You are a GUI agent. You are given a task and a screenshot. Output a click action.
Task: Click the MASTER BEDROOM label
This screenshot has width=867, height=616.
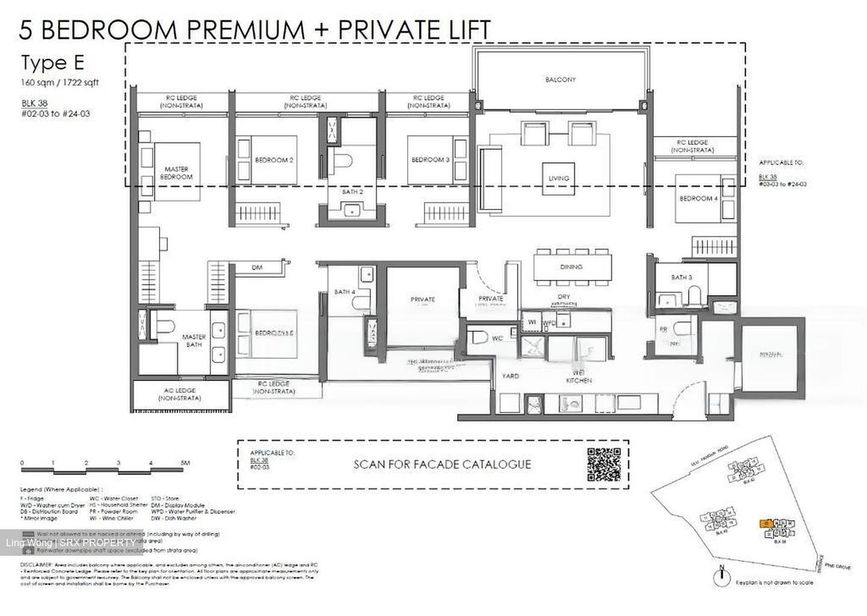(176, 173)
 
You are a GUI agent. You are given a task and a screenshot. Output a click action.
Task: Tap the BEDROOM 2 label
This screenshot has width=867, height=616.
(274, 160)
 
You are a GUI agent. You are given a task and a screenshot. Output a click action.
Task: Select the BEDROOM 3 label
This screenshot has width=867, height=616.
(430, 160)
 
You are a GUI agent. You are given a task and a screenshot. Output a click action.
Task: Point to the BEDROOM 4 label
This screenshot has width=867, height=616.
(698, 199)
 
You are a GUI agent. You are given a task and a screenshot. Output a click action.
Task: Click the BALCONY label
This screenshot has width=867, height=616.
(560, 79)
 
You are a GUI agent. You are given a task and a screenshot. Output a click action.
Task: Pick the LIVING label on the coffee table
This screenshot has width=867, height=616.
(558, 178)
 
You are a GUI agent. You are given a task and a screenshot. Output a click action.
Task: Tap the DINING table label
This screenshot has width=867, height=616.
(571, 267)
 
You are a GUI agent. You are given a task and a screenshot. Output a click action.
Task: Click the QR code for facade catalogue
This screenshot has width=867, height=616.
(603, 464)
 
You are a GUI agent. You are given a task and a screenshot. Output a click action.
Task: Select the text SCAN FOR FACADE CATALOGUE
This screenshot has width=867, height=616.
(442, 464)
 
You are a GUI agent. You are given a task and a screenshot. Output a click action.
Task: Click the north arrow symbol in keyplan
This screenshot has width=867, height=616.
(719, 577)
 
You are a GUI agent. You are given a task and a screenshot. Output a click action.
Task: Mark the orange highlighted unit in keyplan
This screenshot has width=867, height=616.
(766, 524)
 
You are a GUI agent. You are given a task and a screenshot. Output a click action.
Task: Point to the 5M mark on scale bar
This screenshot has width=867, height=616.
(185, 463)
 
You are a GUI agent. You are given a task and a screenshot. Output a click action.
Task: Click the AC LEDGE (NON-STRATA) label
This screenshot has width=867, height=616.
(180, 394)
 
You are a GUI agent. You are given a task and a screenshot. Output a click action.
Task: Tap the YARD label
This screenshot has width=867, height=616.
(510, 376)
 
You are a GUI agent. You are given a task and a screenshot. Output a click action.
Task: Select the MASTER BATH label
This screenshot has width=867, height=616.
(194, 341)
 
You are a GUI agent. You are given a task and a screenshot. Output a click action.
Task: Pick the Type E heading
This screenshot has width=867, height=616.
(52, 63)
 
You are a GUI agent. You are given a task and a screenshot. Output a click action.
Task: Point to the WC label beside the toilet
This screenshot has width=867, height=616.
(497, 339)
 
